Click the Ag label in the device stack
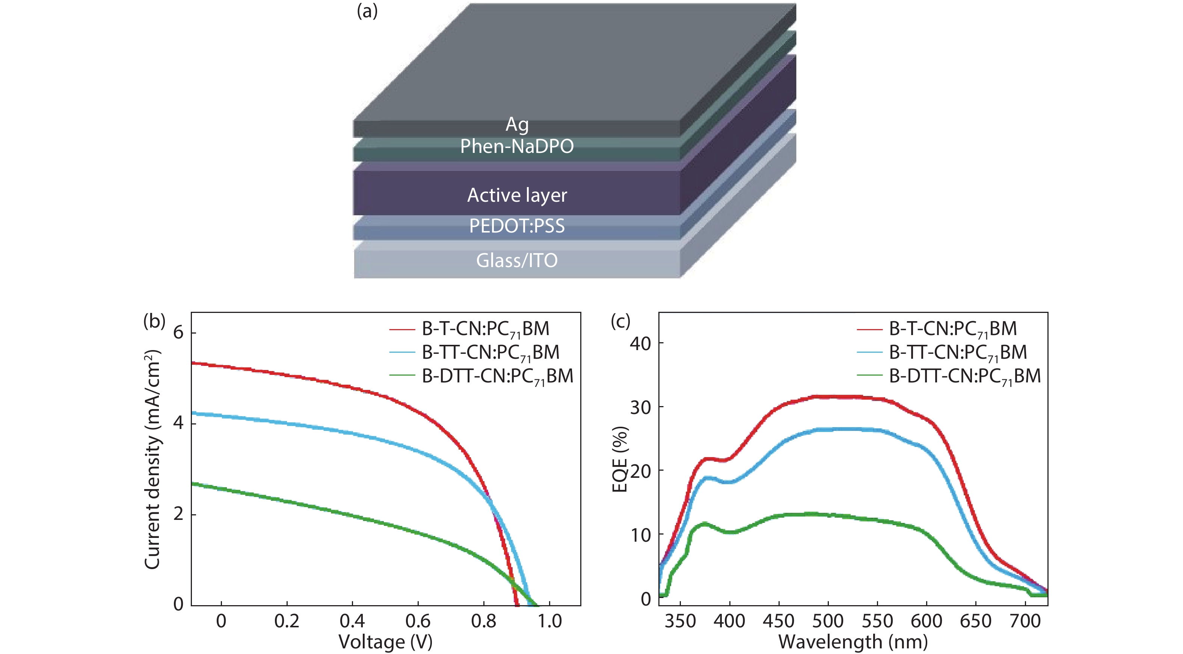click(517, 124)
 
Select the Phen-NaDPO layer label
click(517, 147)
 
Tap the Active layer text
click(517, 195)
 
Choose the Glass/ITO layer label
click(517, 260)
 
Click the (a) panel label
click(367, 11)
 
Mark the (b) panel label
click(154, 321)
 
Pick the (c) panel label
click(620, 321)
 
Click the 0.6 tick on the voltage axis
click(418, 621)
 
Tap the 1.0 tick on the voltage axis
click(550, 621)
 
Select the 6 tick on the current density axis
click(178, 332)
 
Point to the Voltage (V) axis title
click(385, 642)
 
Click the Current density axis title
click(153, 459)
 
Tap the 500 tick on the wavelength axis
click(828, 621)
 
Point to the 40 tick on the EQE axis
click(641, 343)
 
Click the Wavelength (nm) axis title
click(853, 642)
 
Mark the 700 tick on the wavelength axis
click(1025, 621)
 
